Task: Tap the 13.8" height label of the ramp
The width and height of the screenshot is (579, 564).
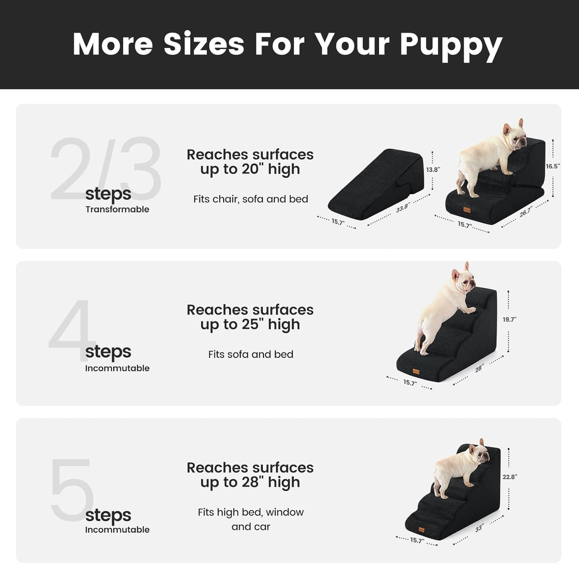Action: [433, 170]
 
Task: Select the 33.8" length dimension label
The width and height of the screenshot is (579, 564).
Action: [402, 208]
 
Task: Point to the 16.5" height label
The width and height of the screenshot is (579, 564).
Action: [553, 166]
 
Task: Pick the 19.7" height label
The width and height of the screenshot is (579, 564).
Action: [509, 319]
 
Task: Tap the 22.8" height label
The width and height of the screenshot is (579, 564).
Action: [510, 477]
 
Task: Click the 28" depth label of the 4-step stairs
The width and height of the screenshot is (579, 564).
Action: [479, 368]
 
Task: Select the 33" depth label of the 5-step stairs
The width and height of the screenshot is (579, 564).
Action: [479, 529]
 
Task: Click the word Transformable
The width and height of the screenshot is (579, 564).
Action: [117, 209]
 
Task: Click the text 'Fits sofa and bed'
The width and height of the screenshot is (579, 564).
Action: [250, 354]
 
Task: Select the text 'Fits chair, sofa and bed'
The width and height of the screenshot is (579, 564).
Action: [250, 199]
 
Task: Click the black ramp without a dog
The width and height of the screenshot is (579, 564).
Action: [377, 183]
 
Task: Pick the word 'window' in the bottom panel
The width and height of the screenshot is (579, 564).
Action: [284, 512]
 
